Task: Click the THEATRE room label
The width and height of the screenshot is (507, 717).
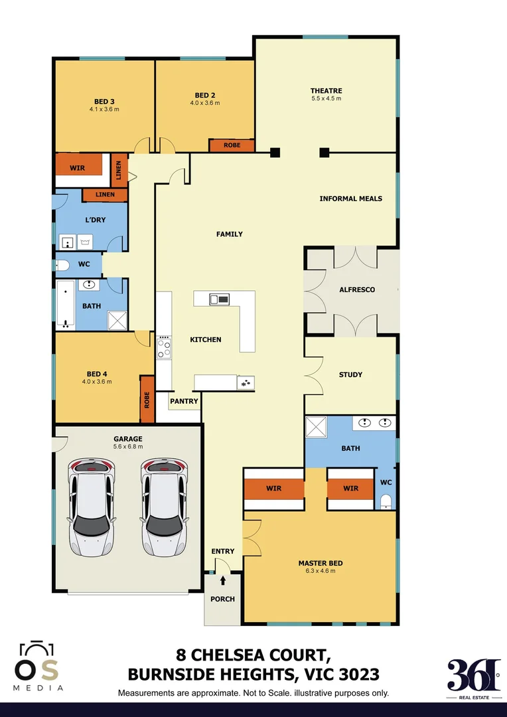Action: [326, 91]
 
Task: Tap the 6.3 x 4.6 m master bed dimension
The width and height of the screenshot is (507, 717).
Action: [321, 571]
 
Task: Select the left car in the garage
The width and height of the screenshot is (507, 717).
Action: [92, 508]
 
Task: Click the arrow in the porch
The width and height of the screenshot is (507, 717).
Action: [223, 581]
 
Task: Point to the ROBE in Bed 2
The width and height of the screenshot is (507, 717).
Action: [232, 145]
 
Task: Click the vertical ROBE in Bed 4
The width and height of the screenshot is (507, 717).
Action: [147, 400]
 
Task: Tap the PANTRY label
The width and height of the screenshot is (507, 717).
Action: [184, 402]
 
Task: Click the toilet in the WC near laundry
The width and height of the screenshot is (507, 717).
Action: [63, 266]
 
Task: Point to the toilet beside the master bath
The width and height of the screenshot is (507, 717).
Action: [386, 500]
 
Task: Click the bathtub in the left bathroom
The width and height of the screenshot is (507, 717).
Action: [64, 305]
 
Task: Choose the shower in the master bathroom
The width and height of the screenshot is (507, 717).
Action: [317, 427]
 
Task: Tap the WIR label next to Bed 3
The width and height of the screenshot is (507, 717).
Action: [78, 168]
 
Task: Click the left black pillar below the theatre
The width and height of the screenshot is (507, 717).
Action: [275, 153]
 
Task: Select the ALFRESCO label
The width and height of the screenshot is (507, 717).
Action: [357, 290]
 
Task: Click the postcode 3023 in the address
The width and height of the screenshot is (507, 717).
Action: [358, 675]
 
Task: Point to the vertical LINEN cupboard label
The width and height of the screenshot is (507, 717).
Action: [119, 171]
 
